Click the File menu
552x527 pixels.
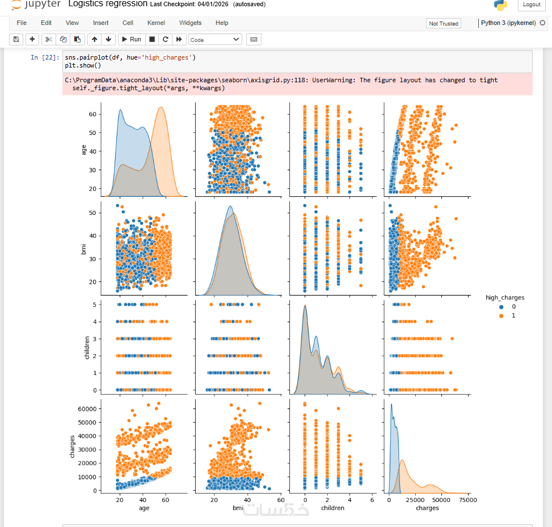pos(22,23)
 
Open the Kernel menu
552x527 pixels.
pos(156,23)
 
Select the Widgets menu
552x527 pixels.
pos(190,23)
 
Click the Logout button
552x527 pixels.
pos(531,5)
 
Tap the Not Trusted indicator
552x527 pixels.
pos(443,24)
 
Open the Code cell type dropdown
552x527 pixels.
pos(215,40)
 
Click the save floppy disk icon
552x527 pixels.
pos(16,40)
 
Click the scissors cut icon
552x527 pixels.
pos(49,40)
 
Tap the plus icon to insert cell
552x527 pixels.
pos(32,40)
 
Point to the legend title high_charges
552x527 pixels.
pos(505,297)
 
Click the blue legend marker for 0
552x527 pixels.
pos(502,307)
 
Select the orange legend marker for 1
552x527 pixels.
pos(502,316)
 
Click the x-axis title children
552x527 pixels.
pos(332,508)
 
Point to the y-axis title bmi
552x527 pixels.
pos(83,249)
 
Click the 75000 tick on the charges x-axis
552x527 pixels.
pos(468,500)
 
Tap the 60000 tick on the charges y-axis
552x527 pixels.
pos(87,408)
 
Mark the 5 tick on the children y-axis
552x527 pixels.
pos(94,305)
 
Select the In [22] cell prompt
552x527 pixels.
pos(45,57)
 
